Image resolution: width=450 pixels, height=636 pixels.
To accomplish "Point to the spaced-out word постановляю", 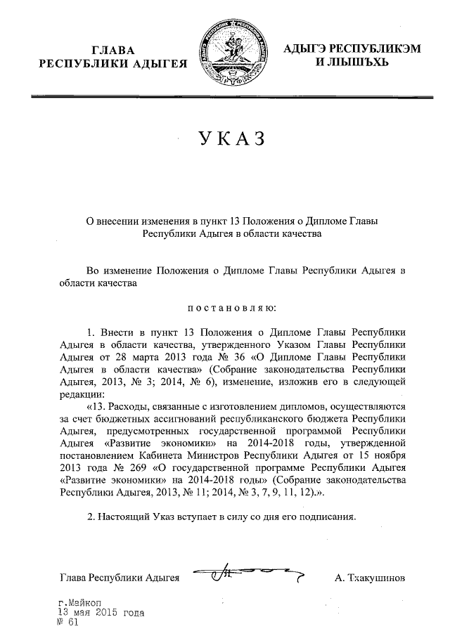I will pos(232,307).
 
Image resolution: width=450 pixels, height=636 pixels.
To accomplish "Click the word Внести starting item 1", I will pos(120,330).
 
